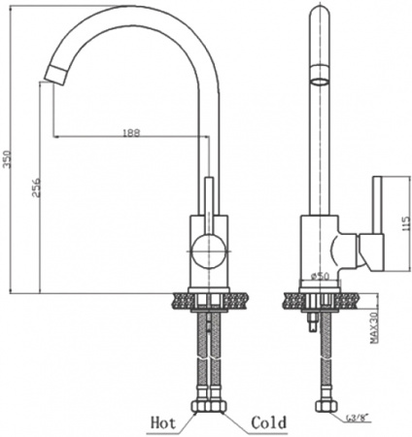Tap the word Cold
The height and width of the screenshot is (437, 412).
pyautogui.click(x=269, y=422)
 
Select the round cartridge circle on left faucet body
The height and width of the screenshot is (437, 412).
pyautogui.click(x=205, y=252)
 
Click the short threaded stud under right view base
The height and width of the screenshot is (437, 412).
pyautogui.click(x=311, y=323)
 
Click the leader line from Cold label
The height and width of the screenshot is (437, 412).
pyautogui.click(x=233, y=418)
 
